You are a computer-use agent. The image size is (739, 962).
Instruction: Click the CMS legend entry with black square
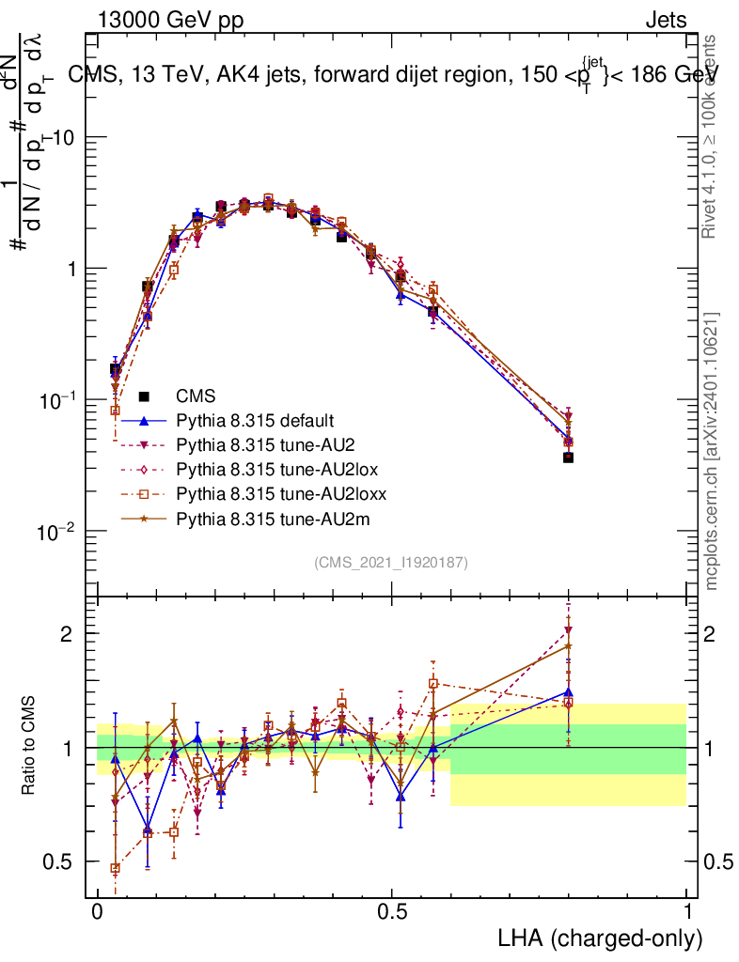pos(195,396)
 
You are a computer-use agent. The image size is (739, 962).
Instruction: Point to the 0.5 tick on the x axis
pos(392,912)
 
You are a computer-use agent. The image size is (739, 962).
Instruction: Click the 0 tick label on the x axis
pos(97,912)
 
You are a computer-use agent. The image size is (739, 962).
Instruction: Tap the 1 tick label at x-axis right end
pos(686,912)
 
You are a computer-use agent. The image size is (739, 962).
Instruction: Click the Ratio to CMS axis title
pos(30,746)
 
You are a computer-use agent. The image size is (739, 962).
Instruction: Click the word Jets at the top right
pos(665,21)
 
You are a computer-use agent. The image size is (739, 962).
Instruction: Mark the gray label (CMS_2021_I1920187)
pos(391,563)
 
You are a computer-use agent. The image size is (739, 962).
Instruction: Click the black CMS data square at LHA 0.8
pos(568,458)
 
